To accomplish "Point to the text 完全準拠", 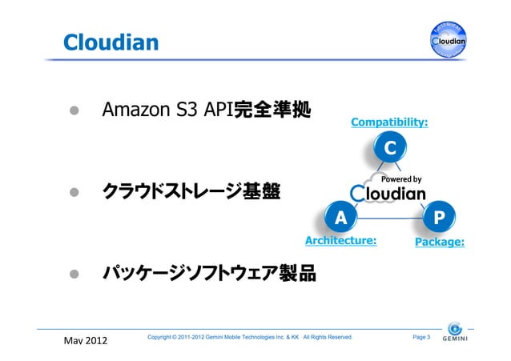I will tap(271, 109).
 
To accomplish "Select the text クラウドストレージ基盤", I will tap(191, 192).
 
